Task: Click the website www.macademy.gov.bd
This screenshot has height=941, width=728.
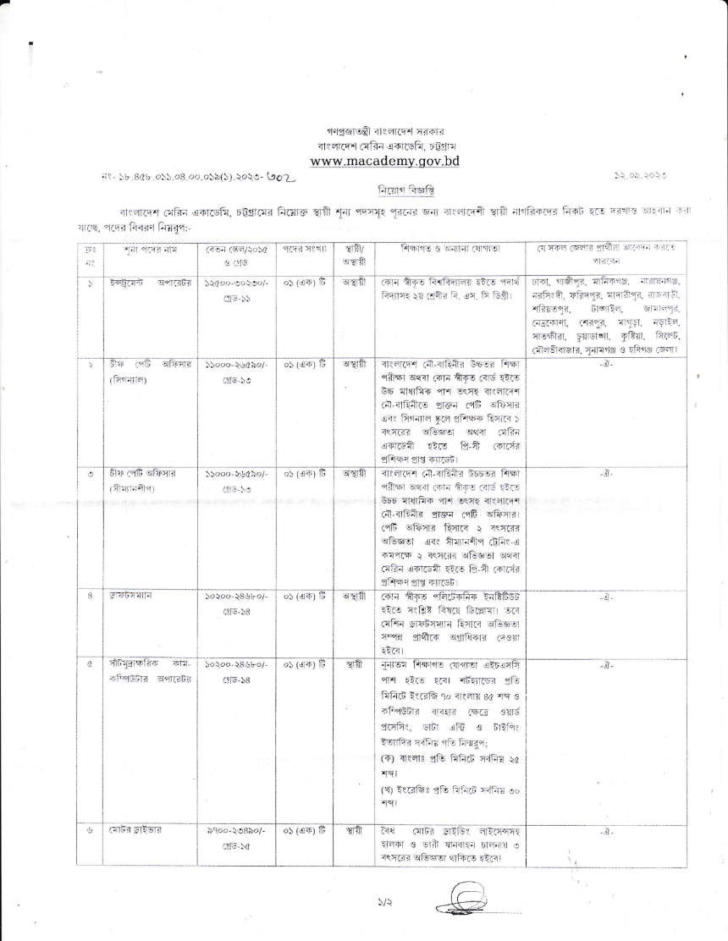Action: tap(384, 161)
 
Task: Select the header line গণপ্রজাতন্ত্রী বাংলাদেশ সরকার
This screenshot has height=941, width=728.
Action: tap(384, 132)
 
